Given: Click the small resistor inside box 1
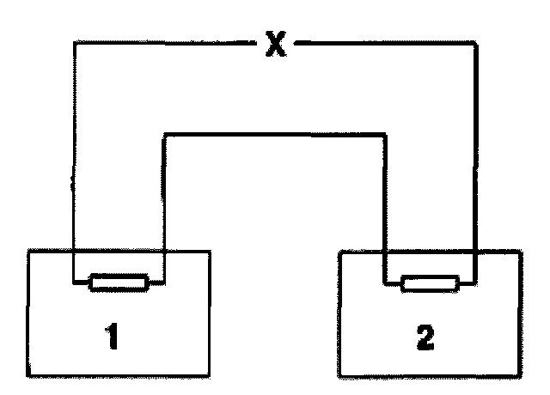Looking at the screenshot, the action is click(119, 281).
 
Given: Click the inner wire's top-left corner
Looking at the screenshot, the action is click(164, 134).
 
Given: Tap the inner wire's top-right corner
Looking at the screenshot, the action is click(384, 134).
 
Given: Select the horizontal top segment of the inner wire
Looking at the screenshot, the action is click(274, 134).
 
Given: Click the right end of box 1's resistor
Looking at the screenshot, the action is click(149, 281).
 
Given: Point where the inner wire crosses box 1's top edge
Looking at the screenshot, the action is click(164, 252).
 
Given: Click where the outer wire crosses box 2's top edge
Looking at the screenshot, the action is click(474, 252).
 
